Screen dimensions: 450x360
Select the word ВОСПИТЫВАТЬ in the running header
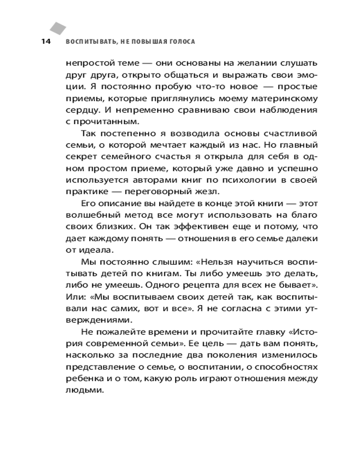91,42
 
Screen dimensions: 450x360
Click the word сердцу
80,110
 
